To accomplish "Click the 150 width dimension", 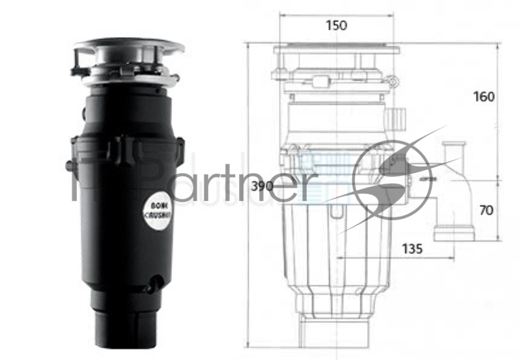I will pyautogui.click(x=337, y=26).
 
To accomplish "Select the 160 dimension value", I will pyautogui.click(x=484, y=97).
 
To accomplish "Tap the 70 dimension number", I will pyautogui.click(x=486, y=210).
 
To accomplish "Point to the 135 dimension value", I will pyautogui.click(x=411, y=248).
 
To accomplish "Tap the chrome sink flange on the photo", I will pyautogui.click(x=129, y=47).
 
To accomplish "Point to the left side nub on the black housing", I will pyautogui.click(x=69, y=166).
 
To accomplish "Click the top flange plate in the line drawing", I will pyautogui.click(x=336, y=49).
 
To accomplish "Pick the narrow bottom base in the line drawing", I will pyautogui.click(x=336, y=332).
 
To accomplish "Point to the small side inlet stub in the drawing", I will pyautogui.click(x=395, y=118).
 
